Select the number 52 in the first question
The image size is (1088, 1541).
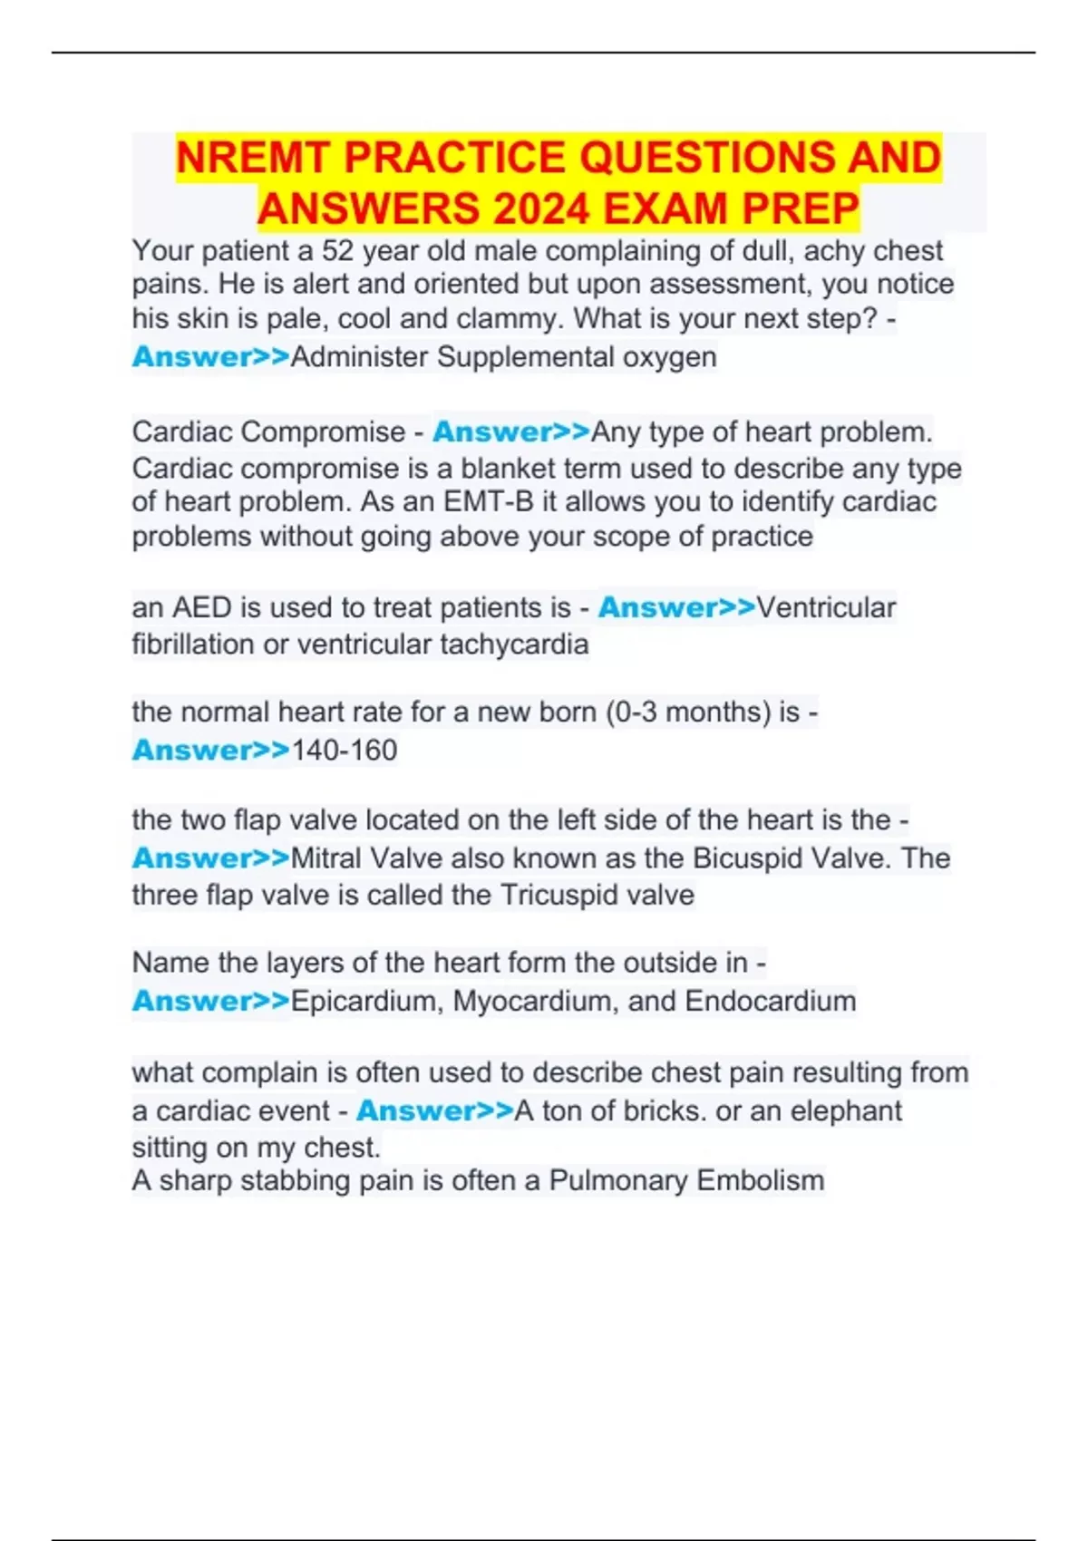tap(337, 251)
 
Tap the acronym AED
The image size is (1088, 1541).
tap(202, 607)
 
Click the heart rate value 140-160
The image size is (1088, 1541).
tap(345, 751)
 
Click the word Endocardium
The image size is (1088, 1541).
tap(771, 1002)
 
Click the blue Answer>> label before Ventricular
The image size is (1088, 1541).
tap(676, 607)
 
